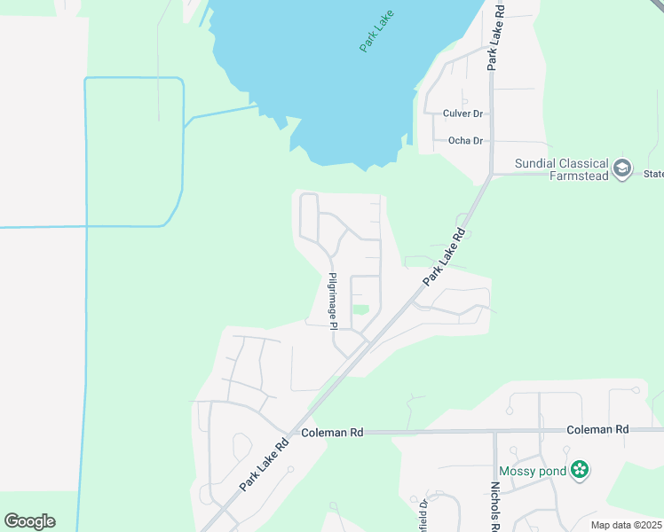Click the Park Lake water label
point(377,31)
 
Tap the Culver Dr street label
point(463,113)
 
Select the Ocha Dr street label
point(465,141)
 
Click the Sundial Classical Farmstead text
point(563,169)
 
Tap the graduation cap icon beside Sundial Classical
point(623,167)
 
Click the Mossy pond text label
point(532,471)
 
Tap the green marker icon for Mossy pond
point(580,470)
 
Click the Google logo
point(29,521)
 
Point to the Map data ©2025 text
point(625,525)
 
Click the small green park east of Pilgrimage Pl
point(360,309)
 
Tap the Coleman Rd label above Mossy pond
point(598,429)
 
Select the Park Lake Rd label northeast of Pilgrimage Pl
point(444,257)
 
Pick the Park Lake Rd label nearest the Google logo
point(265,465)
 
